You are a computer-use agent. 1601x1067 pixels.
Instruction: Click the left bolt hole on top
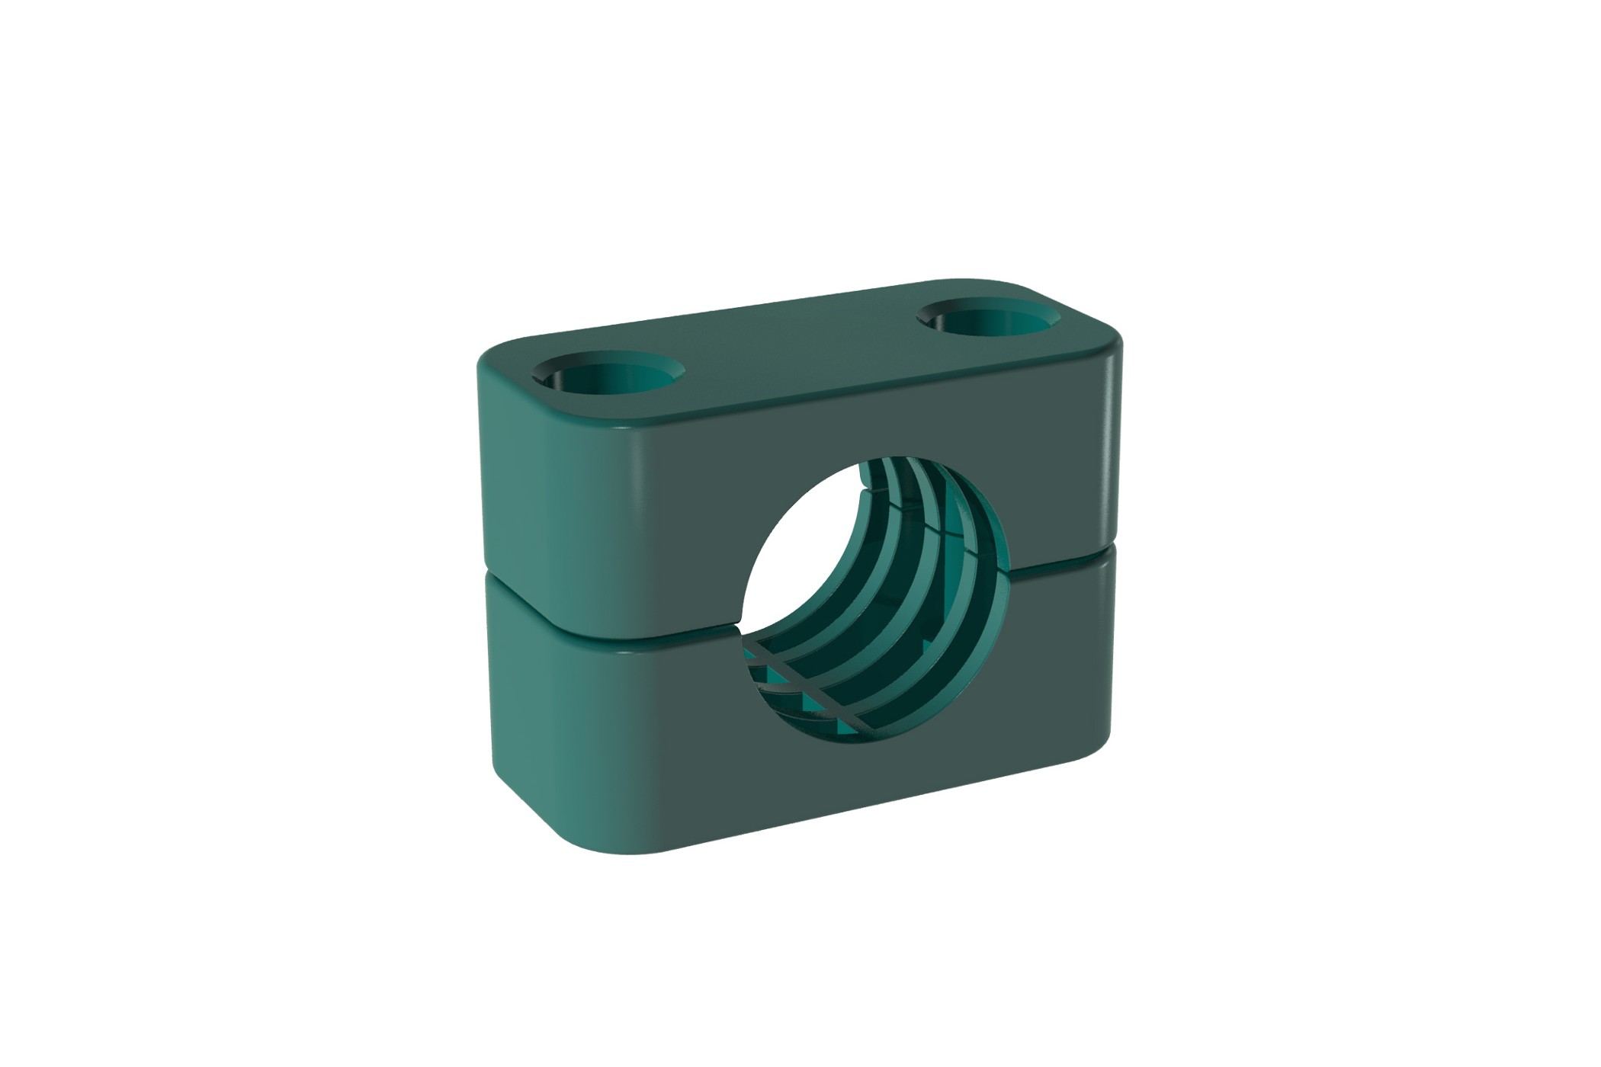coord(608,374)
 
